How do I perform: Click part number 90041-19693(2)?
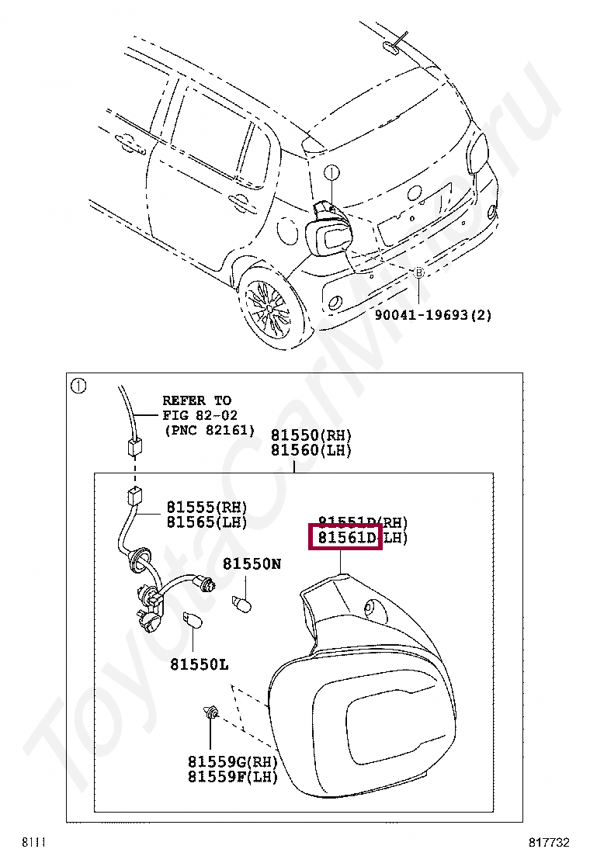(x=433, y=315)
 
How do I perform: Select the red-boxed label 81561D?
(x=345, y=537)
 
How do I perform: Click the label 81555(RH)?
(x=206, y=508)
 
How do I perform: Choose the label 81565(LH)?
(x=206, y=522)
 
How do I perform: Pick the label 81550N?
(x=252, y=564)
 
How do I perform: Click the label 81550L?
(x=200, y=664)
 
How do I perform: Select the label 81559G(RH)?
(x=232, y=761)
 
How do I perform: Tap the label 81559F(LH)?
(x=232, y=776)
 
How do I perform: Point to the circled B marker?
(x=419, y=273)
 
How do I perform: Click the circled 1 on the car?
(x=331, y=172)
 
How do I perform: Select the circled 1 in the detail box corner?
(x=78, y=386)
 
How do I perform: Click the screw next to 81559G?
(x=209, y=712)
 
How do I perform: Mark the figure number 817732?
(x=550, y=842)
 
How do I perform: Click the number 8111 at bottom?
(x=34, y=842)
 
